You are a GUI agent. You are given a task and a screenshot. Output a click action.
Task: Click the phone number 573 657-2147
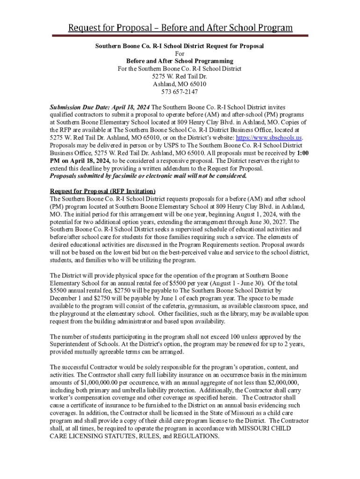tap(180, 91)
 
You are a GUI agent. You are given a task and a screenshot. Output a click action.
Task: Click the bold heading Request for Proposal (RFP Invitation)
tap(102, 191)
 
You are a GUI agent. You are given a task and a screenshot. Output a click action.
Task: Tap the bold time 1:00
tap(302, 153)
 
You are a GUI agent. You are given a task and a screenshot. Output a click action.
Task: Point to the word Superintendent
tap(72, 344)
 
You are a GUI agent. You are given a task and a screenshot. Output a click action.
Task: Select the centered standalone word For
tap(180, 54)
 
